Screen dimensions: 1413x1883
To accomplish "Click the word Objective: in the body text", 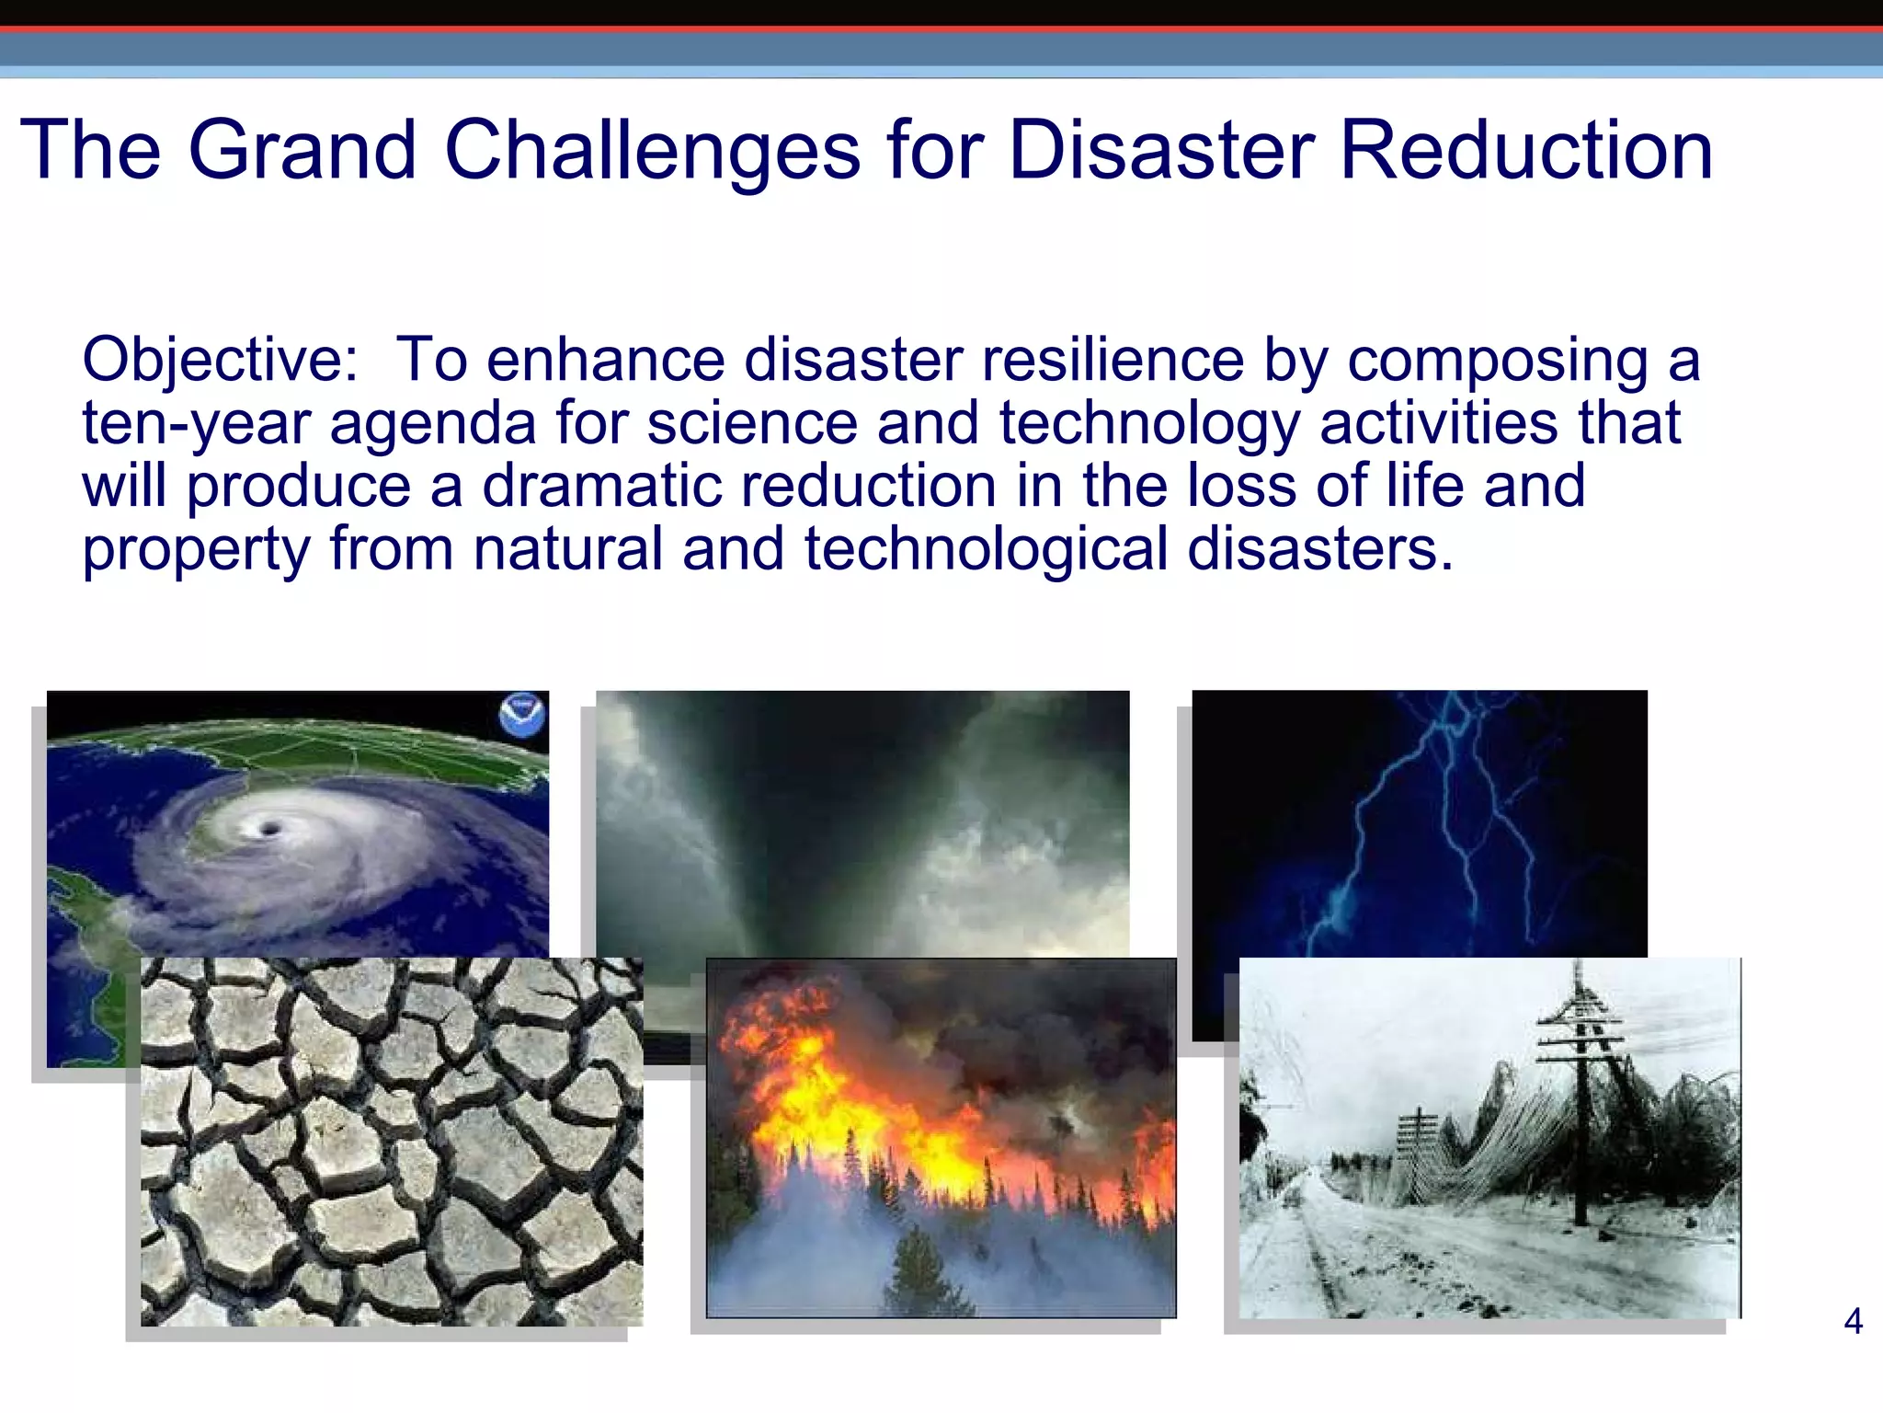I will (x=221, y=360).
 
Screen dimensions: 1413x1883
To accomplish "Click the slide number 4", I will (x=1853, y=1322).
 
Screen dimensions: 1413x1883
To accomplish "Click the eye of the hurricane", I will (x=269, y=830).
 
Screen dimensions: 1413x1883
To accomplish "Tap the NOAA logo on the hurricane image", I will (x=522, y=715).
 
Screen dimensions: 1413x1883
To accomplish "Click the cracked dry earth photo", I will (x=391, y=1141).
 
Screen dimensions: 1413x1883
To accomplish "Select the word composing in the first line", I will (x=1498, y=360).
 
